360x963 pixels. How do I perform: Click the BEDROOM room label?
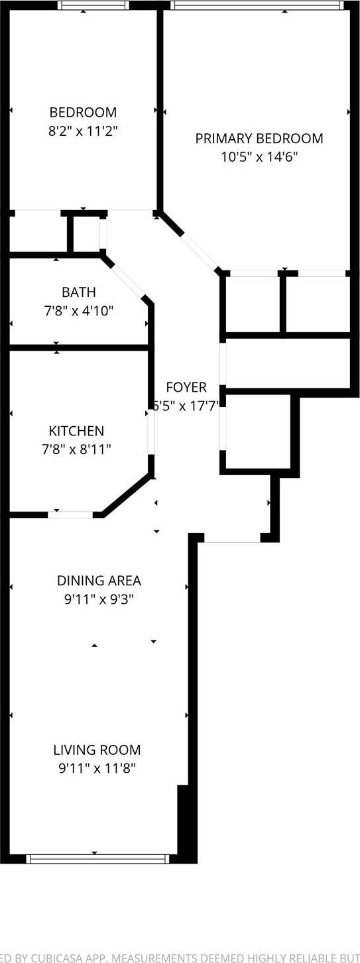(x=83, y=112)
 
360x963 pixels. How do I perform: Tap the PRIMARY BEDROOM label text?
(x=259, y=139)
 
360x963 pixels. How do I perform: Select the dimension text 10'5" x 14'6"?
(x=259, y=157)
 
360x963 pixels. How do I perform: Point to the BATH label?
(x=78, y=292)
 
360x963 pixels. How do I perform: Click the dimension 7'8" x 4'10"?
(x=78, y=310)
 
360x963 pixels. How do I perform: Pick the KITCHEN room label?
(x=76, y=431)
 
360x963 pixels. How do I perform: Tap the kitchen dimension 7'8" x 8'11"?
(x=76, y=449)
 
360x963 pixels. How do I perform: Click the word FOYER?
(x=186, y=388)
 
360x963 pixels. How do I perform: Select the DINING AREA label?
(x=99, y=581)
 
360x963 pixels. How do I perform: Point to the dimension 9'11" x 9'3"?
(x=99, y=600)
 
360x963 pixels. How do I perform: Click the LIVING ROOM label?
(x=97, y=750)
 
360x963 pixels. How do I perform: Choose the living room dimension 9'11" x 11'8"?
(x=97, y=769)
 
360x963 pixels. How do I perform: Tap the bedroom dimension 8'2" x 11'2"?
(x=83, y=131)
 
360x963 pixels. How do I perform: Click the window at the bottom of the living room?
(x=97, y=859)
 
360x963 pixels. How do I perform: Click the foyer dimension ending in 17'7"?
(x=186, y=406)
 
